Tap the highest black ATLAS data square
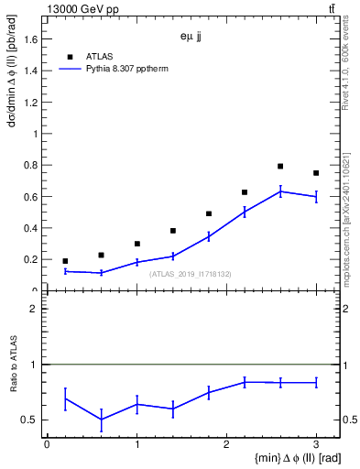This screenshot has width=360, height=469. [x=280, y=166]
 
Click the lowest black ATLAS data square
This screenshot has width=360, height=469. [x=65, y=261]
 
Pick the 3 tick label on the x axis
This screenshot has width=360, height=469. [x=316, y=445]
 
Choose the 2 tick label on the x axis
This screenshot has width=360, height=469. [x=226, y=445]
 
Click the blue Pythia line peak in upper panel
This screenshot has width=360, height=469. [x=280, y=191]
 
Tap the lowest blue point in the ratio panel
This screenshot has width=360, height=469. [x=101, y=420]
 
